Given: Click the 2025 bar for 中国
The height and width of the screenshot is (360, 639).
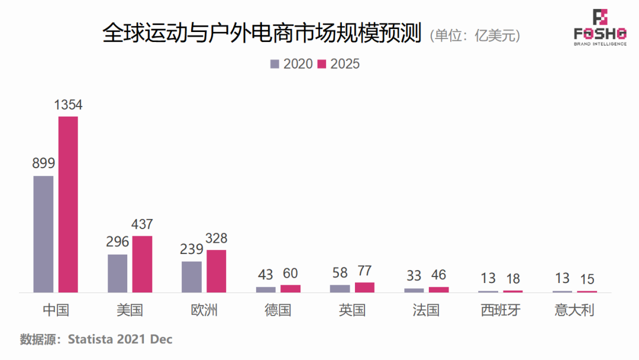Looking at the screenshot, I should tap(68, 204).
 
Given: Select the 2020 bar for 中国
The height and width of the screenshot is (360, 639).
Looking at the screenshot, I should tap(43, 234).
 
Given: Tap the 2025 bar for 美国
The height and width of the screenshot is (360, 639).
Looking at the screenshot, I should tap(142, 264).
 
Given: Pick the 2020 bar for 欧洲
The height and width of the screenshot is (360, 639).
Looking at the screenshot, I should tap(192, 277).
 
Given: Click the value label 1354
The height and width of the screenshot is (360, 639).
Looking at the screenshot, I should tap(68, 105).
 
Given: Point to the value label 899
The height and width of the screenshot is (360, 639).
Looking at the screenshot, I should tap(43, 164).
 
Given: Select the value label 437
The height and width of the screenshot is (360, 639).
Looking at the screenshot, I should tap(142, 224).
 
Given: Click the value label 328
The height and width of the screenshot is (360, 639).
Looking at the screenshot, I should tap(216, 239).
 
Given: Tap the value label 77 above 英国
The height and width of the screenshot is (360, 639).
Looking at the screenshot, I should tap(364, 271).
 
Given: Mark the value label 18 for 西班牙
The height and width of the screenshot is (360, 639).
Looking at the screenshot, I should tap(513, 279).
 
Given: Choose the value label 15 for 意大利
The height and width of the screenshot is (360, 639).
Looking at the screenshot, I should tap(587, 279).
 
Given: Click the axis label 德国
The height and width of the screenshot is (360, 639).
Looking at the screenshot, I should tap(278, 310).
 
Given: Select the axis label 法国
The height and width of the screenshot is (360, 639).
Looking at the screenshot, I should tap(426, 310).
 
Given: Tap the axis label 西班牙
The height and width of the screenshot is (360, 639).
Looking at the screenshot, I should tap(501, 310).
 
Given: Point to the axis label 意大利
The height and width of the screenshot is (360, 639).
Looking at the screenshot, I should tap(575, 310).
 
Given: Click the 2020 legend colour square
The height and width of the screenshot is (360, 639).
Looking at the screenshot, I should tap(275, 64).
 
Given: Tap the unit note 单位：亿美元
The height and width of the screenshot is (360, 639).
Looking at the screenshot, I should tap(476, 36).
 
